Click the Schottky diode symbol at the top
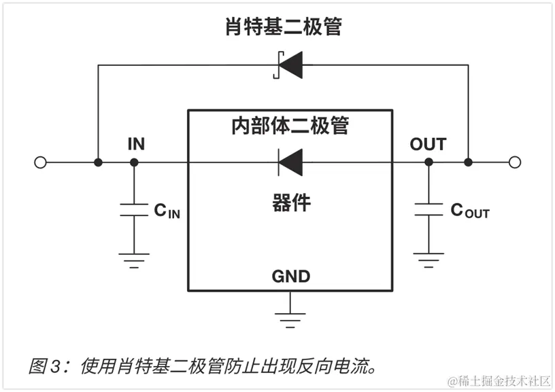(288, 65)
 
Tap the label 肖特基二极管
(284, 27)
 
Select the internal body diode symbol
(290, 162)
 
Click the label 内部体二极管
(290, 127)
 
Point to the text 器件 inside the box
(291, 202)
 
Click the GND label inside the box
(290, 277)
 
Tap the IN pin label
(136, 144)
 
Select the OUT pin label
(428, 144)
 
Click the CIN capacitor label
(167, 211)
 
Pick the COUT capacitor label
(470, 211)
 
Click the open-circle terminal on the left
(40, 162)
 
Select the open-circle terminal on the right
(515, 162)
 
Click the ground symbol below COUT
(428, 259)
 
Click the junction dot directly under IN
(134, 162)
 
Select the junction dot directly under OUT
(428, 162)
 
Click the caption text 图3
(45, 368)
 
